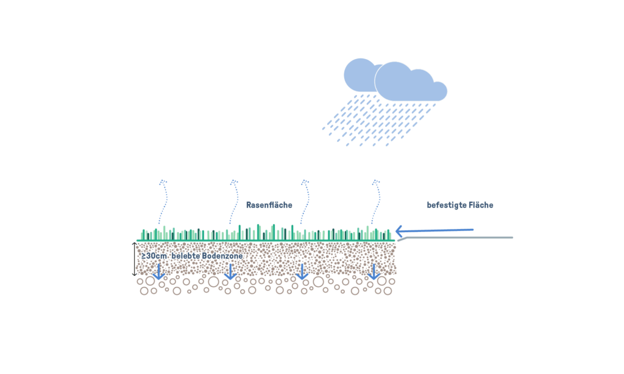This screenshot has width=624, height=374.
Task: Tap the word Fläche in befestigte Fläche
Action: click(x=480, y=205)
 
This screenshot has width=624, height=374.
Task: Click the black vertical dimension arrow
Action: click(x=135, y=259)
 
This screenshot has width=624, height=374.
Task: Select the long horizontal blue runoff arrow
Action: click(x=435, y=230)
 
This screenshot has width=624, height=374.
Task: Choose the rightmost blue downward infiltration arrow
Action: click(x=374, y=272)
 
